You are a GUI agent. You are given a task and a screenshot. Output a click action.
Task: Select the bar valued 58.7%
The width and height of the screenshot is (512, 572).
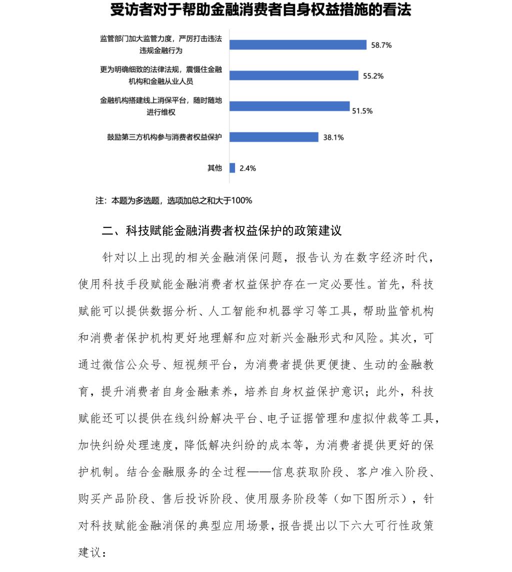(x=298, y=44)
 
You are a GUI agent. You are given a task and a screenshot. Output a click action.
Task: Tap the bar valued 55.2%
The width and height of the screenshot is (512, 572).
(x=294, y=75)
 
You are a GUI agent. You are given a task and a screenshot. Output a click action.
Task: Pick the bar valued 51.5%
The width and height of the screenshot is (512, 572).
(x=289, y=106)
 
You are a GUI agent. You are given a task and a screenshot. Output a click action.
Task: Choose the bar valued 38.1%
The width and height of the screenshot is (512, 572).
(x=274, y=137)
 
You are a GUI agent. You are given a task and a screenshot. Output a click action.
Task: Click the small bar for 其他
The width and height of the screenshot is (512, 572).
(x=232, y=168)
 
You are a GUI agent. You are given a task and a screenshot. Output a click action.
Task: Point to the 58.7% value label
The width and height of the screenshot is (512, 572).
(x=381, y=45)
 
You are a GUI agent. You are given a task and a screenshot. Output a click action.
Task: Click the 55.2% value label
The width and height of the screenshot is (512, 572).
(x=373, y=76)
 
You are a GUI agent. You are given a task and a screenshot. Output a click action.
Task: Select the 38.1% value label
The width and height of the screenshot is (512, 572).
(x=333, y=137)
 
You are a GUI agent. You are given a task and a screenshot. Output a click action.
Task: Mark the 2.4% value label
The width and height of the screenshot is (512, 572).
(x=247, y=168)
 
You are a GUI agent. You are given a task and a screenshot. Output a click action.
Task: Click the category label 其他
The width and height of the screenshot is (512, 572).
(x=214, y=168)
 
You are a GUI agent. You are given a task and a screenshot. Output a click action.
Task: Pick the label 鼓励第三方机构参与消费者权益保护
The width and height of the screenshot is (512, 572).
(x=164, y=137)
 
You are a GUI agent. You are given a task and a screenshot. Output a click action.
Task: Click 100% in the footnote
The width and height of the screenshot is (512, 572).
(x=242, y=200)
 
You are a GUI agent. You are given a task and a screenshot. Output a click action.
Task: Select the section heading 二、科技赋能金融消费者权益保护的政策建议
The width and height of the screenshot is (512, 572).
(x=221, y=231)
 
